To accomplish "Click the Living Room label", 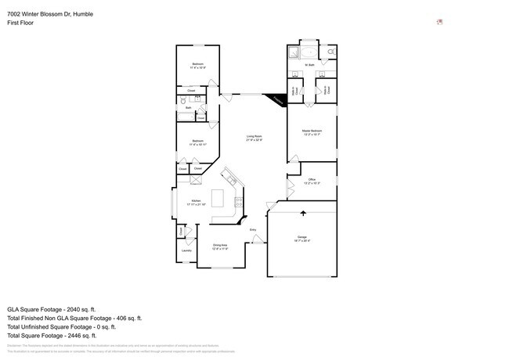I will (254, 138).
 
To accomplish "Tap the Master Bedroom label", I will (312, 131).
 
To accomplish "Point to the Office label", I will (311, 181).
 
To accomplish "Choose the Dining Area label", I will (220, 246).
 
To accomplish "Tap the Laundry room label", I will (186, 250).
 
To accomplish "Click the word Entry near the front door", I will (253, 229).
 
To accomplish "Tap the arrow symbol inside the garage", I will (303, 212).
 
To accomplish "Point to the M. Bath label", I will (309, 65).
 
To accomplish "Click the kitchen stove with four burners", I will (238, 204).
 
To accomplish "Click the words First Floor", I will (20, 23).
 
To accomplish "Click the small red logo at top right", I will (440, 22).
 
